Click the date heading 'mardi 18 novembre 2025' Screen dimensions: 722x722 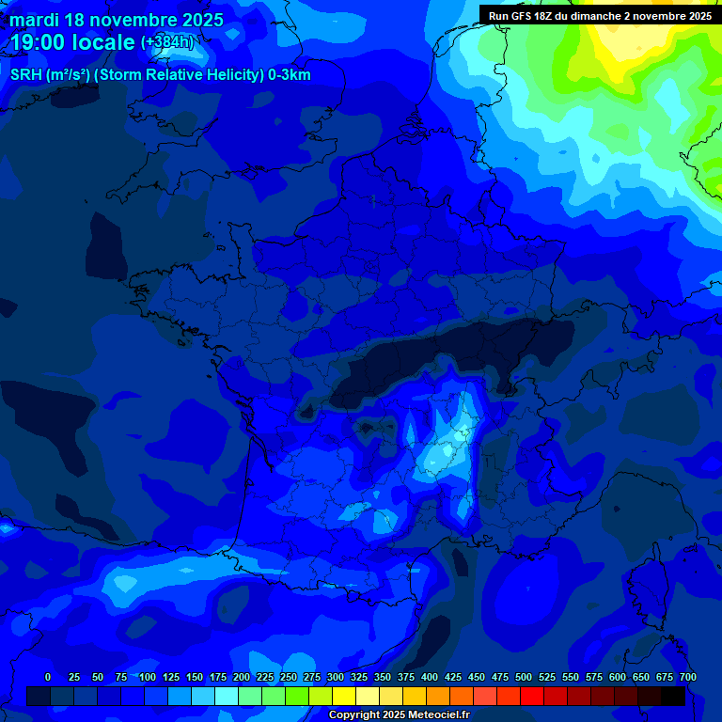pyautogui.click(x=117, y=20)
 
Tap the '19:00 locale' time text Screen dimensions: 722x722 pyautogui.click(x=72, y=42)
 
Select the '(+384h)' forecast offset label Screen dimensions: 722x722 pyautogui.click(x=166, y=42)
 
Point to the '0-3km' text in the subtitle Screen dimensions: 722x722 pyautogui.click(x=290, y=75)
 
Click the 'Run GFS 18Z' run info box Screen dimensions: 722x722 pyautogui.click(x=599, y=15)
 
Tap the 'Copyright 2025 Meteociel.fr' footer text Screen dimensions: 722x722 pyautogui.click(x=399, y=714)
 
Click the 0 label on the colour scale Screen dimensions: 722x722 pyautogui.click(x=48, y=677)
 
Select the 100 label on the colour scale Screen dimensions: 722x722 pyautogui.click(x=148, y=677)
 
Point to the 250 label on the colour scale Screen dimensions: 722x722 pyautogui.click(x=289, y=677)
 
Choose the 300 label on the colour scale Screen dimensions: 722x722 pyautogui.click(x=336, y=677)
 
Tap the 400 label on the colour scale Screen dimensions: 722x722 pyautogui.click(x=430, y=677)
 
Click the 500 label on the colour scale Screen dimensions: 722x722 pyautogui.click(x=524, y=677)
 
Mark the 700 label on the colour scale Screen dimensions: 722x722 pyautogui.click(x=687, y=677)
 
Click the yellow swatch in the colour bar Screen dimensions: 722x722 pyautogui.click(x=344, y=696)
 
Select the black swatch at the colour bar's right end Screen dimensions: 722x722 pyautogui.click(x=673, y=696)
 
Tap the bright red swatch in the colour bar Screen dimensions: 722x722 pyautogui.click(x=532, y=696)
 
